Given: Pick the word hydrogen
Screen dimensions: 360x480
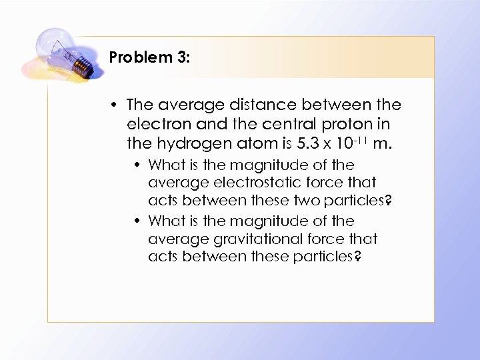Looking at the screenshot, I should point(193,143).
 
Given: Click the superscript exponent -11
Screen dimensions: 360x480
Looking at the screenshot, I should point(360,139).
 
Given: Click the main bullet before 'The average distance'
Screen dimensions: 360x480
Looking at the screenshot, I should point(115,105).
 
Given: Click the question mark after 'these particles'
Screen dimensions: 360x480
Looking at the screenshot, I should point(359,257).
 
